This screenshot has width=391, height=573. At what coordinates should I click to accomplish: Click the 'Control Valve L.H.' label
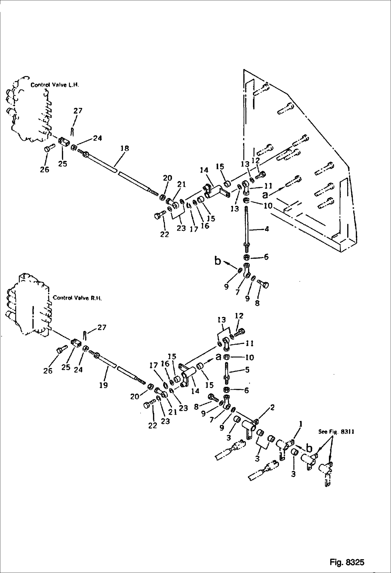(x=55, y=85)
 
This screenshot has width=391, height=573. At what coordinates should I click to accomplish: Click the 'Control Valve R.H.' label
(x=77, y=298)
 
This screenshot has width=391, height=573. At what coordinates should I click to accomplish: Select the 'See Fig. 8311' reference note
(x=336, y=432)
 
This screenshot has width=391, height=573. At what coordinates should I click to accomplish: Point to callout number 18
(x=125, y=148)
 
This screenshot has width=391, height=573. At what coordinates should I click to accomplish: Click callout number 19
(x=104, y=385)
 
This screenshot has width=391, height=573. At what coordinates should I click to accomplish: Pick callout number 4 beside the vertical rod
(x=266, y=229)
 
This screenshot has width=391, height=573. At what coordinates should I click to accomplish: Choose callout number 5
(x=247, y=370)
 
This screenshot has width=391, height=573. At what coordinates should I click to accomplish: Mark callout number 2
(x=272, y=407)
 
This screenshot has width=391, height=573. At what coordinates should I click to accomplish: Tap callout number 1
(x=300, y=425)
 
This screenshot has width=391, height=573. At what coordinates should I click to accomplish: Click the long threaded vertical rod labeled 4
(x=246, y=225)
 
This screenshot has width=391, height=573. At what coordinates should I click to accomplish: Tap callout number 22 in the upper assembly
(x=164, y=234)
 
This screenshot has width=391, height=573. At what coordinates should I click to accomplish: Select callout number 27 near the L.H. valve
(x=78, y=111)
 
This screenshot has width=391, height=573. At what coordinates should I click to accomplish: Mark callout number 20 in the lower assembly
(x=135, y=396)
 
